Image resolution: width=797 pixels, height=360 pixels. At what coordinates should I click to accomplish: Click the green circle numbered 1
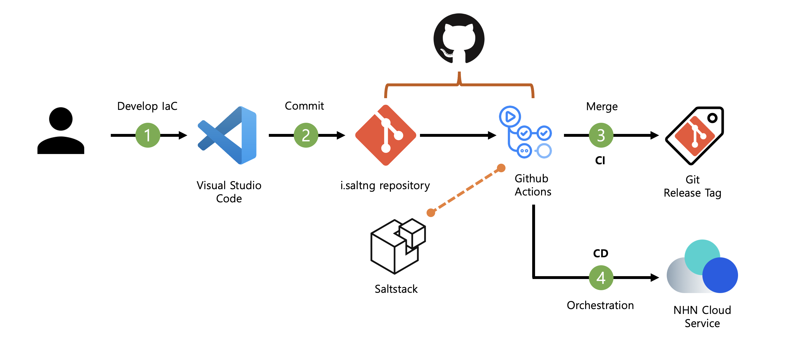pyautogui.click(x=148, y=135)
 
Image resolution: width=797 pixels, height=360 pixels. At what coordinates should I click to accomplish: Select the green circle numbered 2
pyautogui.click(x=306, y=135)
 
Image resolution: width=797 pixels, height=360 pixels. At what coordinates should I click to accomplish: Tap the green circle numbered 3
pyautogui.click(x=601, y=135)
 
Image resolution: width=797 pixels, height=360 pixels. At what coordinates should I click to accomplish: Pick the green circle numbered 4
pyautogui.click(x=601, y=277)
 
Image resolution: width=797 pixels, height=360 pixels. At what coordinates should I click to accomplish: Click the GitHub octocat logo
pyautogui.click(x=459, y=39)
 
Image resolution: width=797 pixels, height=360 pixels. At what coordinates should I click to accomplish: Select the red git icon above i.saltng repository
pyautogui.click(x=386, y=135)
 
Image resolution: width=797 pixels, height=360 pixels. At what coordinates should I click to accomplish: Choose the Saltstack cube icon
pyautogui.click(x=398, y=246)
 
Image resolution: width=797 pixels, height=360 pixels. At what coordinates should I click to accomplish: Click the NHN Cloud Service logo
pyautogui.click(x=702, y=267)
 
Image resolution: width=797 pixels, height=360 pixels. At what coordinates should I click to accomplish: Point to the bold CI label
pyautogui.click(x=600, y=161)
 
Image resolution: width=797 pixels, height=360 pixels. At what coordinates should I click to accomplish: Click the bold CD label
pyautogui.click(x=601, y=253)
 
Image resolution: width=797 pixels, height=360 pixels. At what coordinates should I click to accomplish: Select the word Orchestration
pyautogui.click(x=600, y=305)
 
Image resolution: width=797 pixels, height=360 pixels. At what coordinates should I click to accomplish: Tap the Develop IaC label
pyautogui.click(x=147, y=106)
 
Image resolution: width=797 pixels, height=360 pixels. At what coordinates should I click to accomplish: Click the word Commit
pyautogui.click(x=304, y=106)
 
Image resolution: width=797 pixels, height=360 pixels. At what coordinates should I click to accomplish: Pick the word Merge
pyautogui.click(x=602, y=106)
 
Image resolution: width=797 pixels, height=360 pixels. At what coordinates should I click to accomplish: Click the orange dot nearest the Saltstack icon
pyautogui.click(x=431, y=212)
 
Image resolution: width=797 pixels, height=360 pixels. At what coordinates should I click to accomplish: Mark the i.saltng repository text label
pyautogui.click(x=385, y=185)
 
